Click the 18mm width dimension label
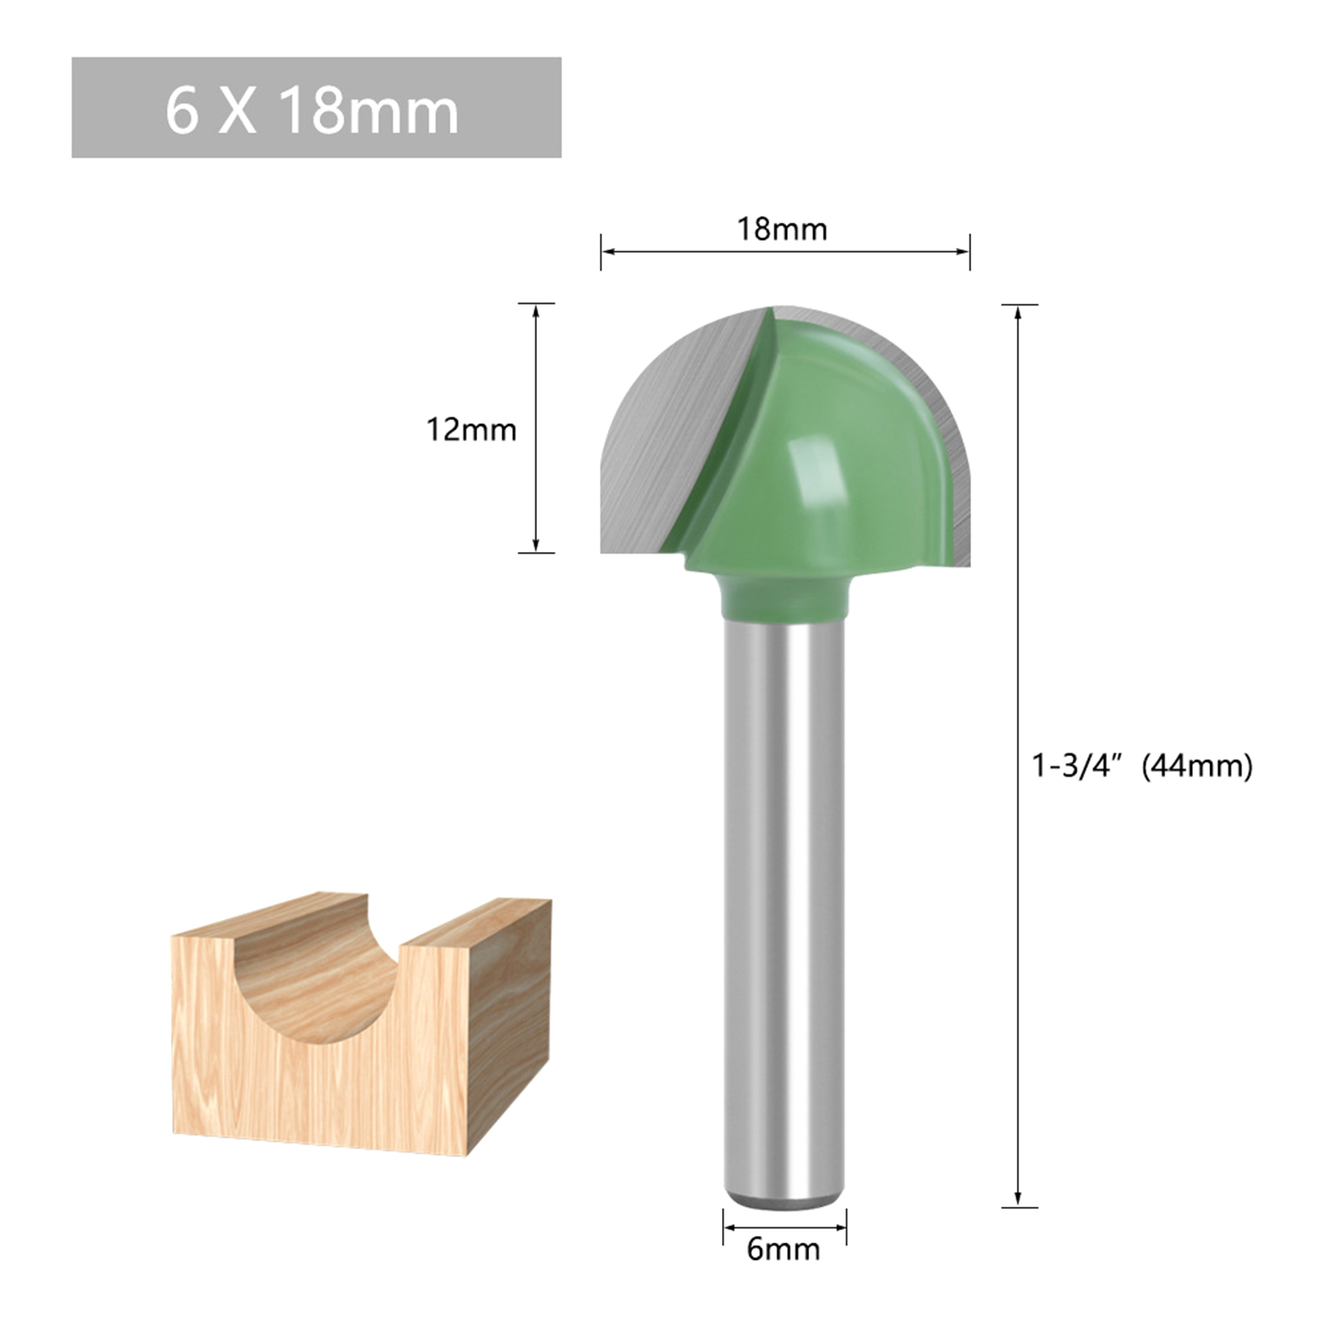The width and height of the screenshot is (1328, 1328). click(783, 229)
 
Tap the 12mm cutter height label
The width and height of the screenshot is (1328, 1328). click(471, 429)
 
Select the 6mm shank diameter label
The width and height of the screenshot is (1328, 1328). click(783, 1248)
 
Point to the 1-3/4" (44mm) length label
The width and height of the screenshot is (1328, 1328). click(1142, 765)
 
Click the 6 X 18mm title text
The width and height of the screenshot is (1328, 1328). click(312, 110)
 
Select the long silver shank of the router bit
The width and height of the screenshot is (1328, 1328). click(784, 913)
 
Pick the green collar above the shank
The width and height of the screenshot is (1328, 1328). click(784, 598)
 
